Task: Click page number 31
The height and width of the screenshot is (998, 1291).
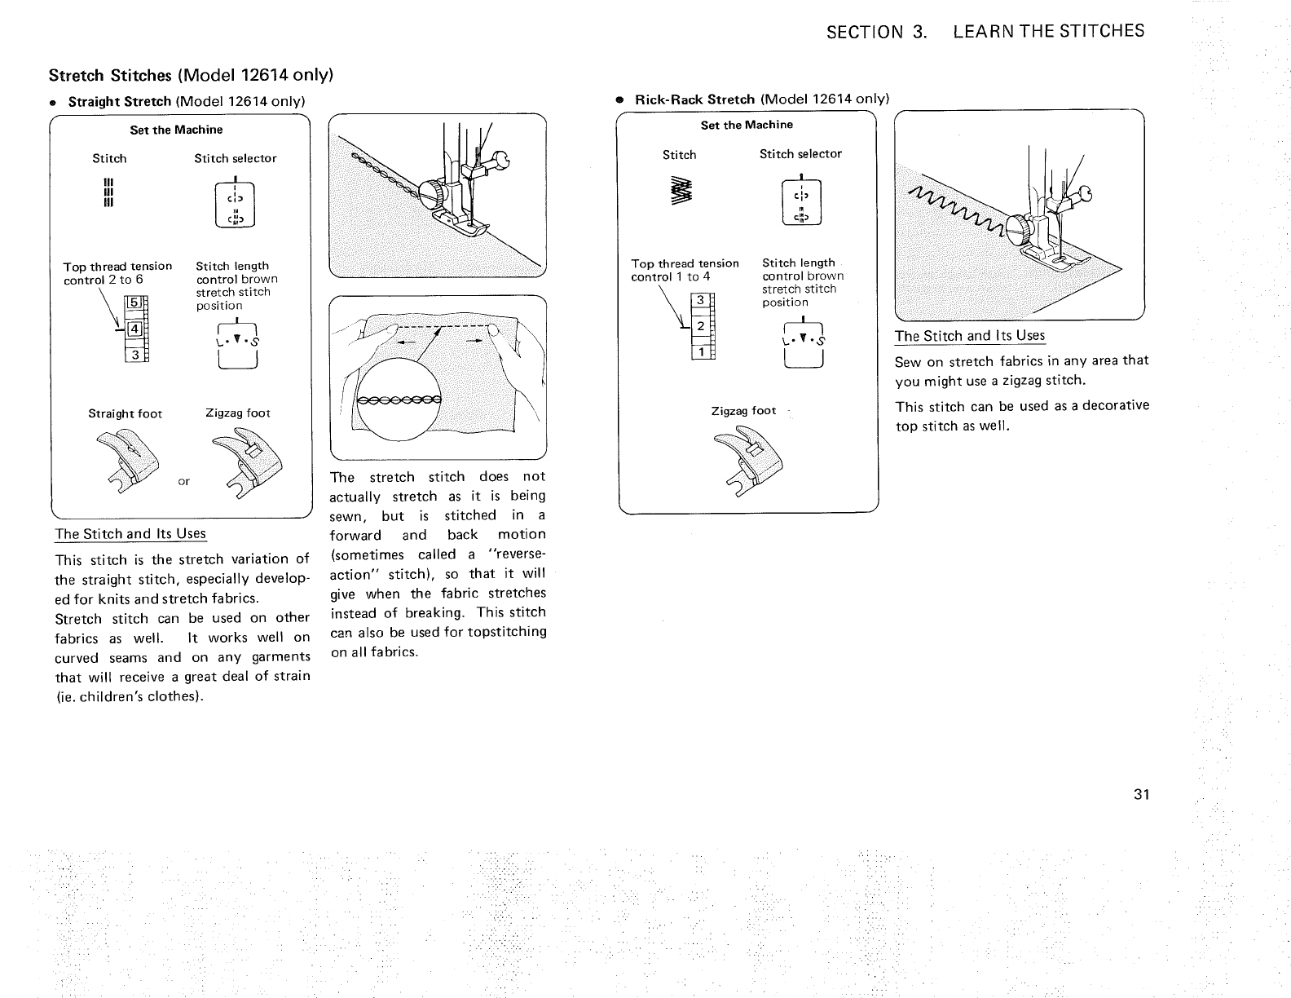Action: (x=1140, y=795)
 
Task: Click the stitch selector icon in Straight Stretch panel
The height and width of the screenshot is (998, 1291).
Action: (x=235, y=204)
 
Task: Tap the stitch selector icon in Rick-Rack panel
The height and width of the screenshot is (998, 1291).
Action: (x=802, y=200)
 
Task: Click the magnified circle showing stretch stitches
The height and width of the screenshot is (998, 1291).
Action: (x=399, y=400)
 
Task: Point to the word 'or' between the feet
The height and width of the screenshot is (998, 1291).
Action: (x=184, y=481)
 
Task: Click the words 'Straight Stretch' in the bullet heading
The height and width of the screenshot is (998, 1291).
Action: (x=119, y=102)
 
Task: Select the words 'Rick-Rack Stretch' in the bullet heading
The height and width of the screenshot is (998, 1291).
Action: (x=694, y=99)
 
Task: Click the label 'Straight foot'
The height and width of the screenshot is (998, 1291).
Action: (x=126, y=413)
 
